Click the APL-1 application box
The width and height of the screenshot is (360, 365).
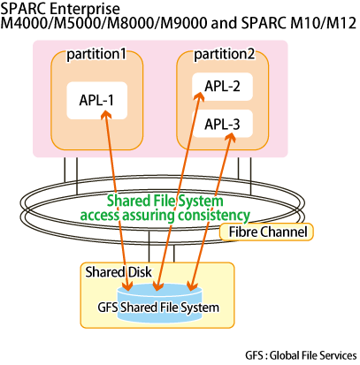click(97, 101)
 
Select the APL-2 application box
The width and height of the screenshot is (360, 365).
click(223, 87)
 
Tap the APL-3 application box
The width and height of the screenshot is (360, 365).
click(223, 124)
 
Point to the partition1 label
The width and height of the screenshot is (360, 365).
click(96, 55)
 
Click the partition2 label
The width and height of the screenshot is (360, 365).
click(224, 55)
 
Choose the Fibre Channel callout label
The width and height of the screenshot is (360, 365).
click(266, 232)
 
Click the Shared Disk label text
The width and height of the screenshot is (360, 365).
click(119, 272)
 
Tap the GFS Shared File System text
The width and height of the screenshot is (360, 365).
click(158, 308)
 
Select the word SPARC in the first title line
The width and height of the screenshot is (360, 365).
click(24, 9)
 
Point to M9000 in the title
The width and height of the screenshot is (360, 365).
click(184, 23)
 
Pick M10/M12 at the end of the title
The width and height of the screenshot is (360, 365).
click(324, 23)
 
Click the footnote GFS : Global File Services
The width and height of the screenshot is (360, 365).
click(301, 355)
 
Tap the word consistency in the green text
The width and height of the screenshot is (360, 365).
click(214, 216)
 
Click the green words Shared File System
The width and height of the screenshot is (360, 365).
click(165, 201)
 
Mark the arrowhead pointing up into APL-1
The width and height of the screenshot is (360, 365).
click(106, 114)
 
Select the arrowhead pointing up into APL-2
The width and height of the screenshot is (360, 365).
click(199, 96)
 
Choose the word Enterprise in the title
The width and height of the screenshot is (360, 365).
click(85, 9)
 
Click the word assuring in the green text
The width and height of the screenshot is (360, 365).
click(149, 216)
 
